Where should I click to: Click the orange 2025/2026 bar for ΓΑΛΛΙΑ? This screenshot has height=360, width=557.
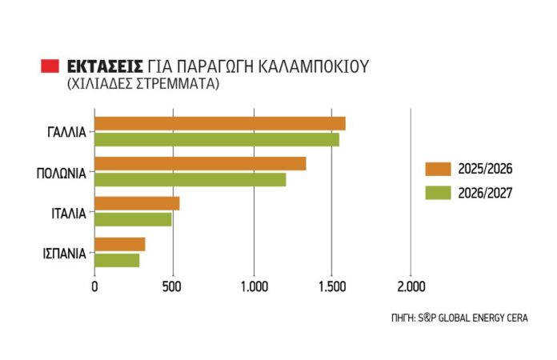pos(220,123)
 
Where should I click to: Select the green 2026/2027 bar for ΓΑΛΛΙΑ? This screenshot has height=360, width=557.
pos(217,139)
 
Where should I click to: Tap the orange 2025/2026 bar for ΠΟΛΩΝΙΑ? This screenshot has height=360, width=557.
pos(200,163)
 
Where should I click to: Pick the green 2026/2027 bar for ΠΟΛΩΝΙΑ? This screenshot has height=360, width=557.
pos(190,179)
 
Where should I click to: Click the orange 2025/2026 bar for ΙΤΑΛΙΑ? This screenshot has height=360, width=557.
pos(137,203)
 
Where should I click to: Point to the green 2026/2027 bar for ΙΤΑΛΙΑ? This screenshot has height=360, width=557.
pos(133,219)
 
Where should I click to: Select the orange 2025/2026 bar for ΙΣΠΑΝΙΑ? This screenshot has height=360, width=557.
pos(120,244)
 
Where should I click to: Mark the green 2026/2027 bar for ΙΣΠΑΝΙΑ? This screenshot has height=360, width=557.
pos(117,260)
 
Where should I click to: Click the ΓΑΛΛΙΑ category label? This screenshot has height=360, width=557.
pos(66,132)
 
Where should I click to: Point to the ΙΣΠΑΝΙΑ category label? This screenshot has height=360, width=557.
pos(64,253)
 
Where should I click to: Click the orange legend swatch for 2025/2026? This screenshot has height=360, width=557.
pos(439,169)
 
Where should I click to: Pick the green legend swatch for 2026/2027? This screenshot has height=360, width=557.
pos(439,192)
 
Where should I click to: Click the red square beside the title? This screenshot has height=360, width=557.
pos(50,66)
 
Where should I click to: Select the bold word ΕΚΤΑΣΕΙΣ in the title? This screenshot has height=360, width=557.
pos(105,66)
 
